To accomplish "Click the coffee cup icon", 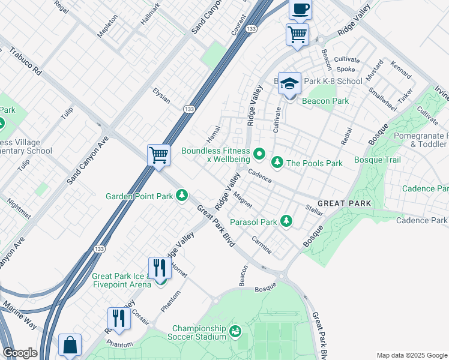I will click(x=300, y=10).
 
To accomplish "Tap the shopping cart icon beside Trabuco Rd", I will click(x=159, y=155).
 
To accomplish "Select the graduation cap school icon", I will click(x=289, y=84).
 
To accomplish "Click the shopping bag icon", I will click(x=70, y=346).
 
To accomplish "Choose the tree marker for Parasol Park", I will click(x=286, y=221).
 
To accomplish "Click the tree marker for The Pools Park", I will click(x=277, y=163).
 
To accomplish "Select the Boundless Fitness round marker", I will click(x=259, y=155).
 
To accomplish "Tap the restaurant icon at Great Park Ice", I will click(x=159, y=268).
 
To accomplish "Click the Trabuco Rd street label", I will click(x=25, y=62).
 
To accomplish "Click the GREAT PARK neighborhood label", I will click(x=345, y=204).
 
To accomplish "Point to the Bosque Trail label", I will click(x=377, y=160).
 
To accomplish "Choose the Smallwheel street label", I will click(x=382, y=100).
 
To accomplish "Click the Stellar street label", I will click(x=315, y=210).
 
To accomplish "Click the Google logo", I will click(x=20, y=353).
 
